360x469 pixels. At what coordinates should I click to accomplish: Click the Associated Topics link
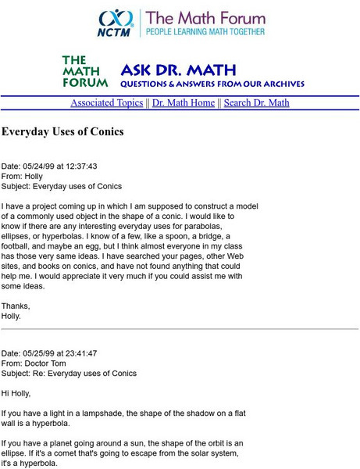coord(106,103)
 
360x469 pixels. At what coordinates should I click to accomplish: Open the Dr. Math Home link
coord(184,103)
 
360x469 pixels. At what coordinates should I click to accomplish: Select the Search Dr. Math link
coord(256,103)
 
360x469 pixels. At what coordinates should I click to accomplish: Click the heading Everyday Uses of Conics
coord(62,132)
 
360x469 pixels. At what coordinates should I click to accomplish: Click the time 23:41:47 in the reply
coord(78,353)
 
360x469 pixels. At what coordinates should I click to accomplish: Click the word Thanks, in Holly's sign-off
coord(16,306)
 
